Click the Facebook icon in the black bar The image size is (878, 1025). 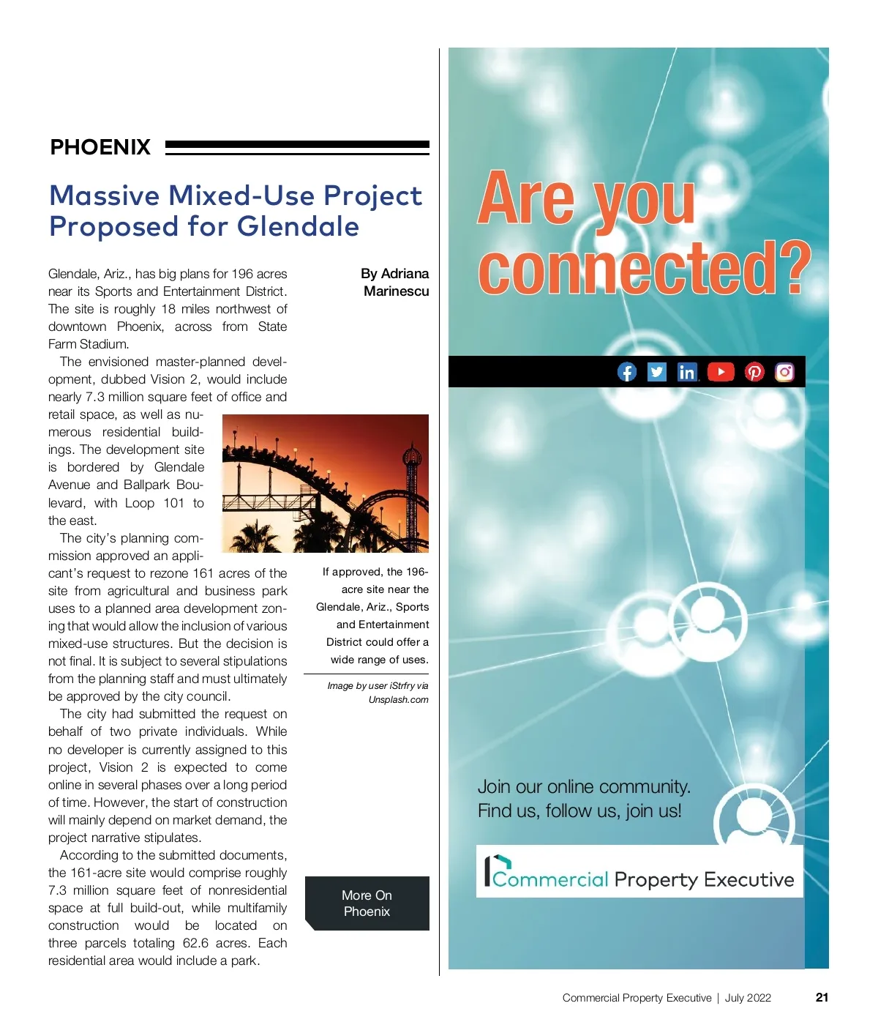[x=627, y=372]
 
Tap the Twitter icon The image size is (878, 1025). [x=657, y=372]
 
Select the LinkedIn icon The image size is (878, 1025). [x=687, y=372]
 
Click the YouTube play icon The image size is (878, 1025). [x=721, y=372]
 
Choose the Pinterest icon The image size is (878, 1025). [x=754, y=372]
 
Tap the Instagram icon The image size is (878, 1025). [x=784, y=372]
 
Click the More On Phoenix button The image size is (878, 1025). [x=367, y=903]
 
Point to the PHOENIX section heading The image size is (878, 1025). [x=100, y=147]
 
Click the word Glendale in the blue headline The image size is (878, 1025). [x=298, y=226]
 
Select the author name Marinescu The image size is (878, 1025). [x=397, y=291]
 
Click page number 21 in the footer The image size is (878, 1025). [x=822, y=997]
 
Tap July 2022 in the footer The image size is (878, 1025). [x=748, y=998]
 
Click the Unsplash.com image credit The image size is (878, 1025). [x=399, y=700]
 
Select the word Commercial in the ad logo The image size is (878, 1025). [x=550, y=879]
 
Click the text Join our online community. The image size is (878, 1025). [x=584, y=787]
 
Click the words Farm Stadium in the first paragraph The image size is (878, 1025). [x=89, y=344]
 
